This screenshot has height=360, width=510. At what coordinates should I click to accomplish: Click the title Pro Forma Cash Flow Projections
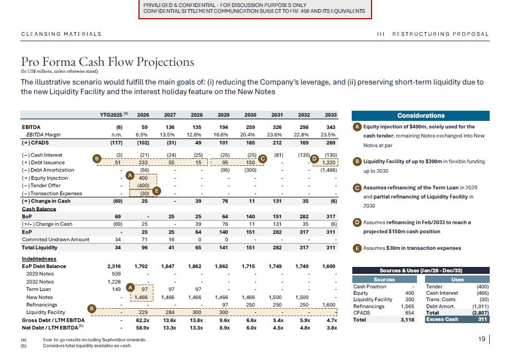[107, 62]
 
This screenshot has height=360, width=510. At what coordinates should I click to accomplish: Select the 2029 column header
[223, 115]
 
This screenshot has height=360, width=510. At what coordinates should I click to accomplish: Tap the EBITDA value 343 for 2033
[331, 127]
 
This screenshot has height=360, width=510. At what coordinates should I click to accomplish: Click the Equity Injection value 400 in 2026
[143, 178]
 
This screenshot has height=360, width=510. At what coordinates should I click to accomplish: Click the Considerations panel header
[420, 116]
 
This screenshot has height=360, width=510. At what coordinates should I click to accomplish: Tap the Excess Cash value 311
[480, 319]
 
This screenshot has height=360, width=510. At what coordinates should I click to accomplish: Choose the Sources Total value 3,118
[406, 319]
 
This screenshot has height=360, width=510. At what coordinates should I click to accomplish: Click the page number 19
[483, 339]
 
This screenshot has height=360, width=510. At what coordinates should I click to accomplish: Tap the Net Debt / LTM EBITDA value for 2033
[331, 327]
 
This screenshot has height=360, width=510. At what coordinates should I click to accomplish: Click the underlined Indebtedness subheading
[39, 259]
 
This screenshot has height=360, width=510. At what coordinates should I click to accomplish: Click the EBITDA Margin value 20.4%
[250, 135]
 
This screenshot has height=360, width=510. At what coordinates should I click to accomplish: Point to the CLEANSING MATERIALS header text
[61, 34]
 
